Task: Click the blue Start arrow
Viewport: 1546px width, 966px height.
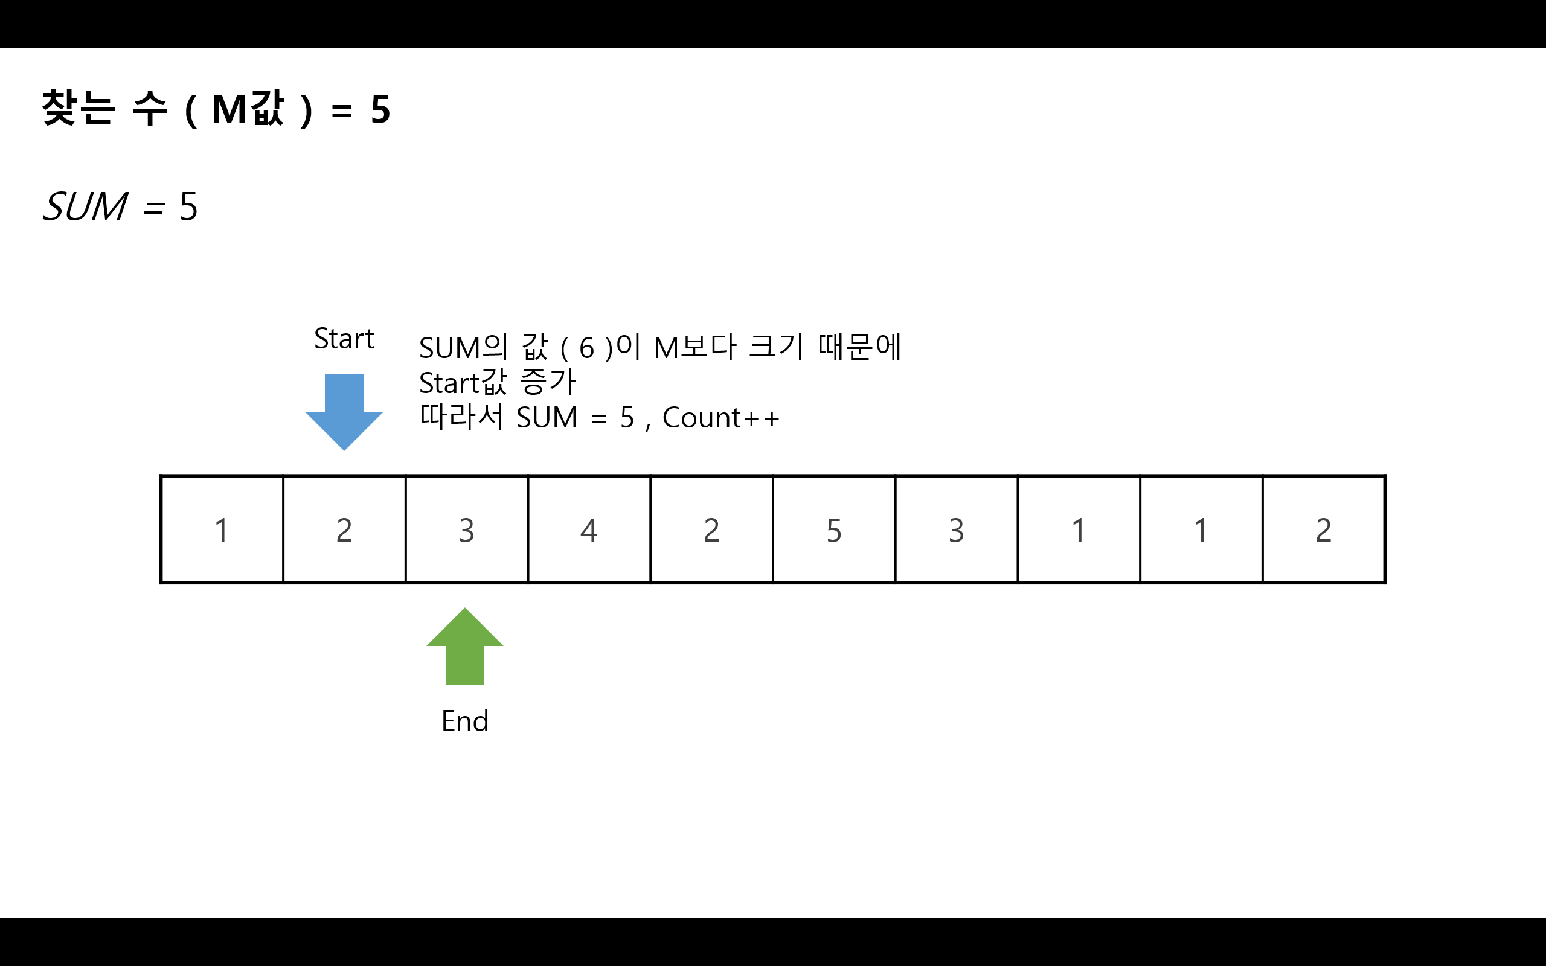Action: [344, 409]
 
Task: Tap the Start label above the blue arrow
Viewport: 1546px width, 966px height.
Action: [344, 339]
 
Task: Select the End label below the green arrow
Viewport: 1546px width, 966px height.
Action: [464, 721]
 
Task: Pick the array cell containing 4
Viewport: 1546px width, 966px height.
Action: [589, 529]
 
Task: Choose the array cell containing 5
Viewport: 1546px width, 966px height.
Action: [833, 529]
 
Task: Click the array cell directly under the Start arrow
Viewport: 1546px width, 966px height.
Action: [344, 529]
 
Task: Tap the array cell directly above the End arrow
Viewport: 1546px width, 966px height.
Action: [466, 529]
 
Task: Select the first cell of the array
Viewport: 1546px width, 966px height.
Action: [222, 529]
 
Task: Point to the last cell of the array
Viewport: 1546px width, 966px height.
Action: [1323, 529]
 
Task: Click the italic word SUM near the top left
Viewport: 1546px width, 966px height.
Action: [85, 207]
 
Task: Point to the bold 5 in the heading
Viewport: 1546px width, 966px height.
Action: [380, 109]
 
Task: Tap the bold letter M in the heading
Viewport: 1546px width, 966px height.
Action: [229, 109]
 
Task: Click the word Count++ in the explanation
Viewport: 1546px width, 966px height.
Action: [720, 418]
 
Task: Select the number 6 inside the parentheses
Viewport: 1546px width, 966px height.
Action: [586, 349]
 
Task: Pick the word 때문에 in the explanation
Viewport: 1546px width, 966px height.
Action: [859, 347]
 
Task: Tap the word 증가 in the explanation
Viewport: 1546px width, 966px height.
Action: [548, 382]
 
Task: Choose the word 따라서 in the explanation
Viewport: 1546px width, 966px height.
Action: [461, 417]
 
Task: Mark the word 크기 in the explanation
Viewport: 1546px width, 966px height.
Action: [775, 347]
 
